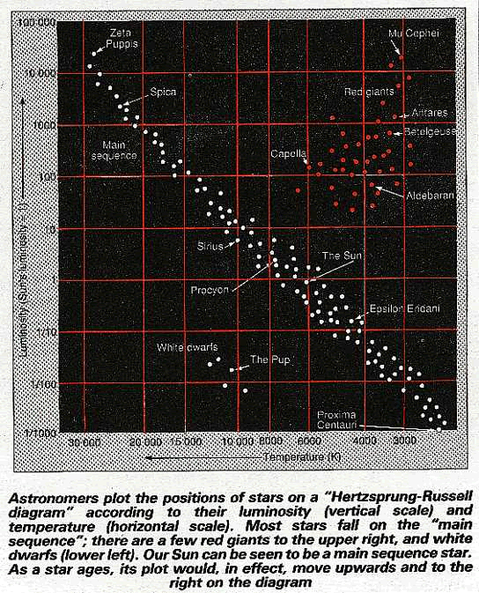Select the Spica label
(163, 92)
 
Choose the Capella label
(288, 153)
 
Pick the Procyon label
(210, 289)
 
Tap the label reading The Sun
(341, 256)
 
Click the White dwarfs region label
(187, 346)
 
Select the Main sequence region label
(114, 149)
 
